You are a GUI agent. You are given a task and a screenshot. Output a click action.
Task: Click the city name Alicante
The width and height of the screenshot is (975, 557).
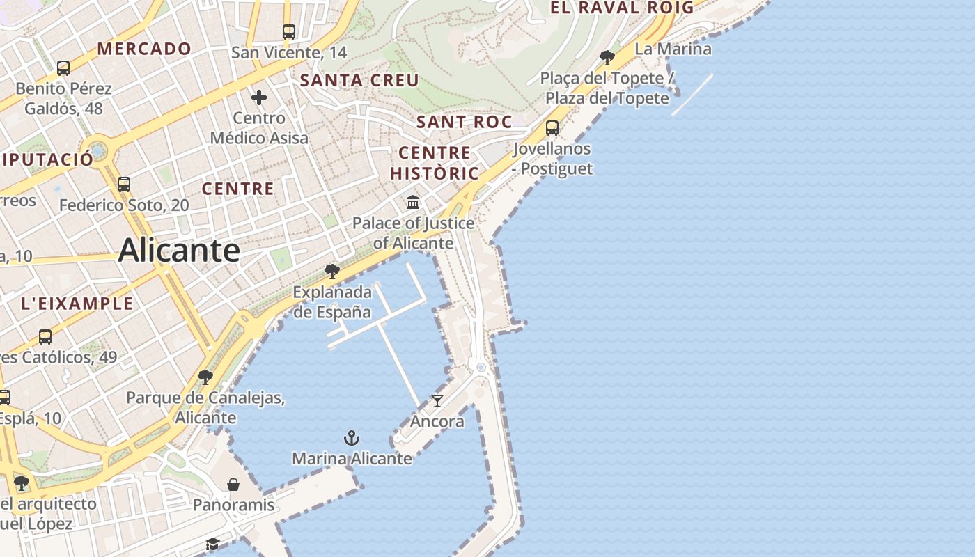tap(179, 250)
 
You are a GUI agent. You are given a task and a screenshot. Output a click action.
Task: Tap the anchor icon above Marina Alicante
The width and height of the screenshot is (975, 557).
tap(352, 438)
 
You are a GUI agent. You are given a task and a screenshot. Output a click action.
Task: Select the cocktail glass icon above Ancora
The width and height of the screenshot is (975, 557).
tap(437, 400)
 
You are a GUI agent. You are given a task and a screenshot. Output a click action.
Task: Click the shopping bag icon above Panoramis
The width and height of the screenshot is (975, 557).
tap(233, 484)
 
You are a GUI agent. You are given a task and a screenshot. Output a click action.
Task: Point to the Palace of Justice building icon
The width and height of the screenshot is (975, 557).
tap(413, 203)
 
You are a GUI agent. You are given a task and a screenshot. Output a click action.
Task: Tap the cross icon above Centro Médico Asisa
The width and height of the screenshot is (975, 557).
tap(259, 97)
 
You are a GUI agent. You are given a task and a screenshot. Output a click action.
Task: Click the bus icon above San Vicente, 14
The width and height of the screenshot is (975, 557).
tap(288, 31)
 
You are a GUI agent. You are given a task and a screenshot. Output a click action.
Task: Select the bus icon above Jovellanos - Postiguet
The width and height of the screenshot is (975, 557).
tap(552, 128)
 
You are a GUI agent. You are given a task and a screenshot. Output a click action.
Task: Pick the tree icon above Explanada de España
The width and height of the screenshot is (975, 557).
tap(332, 271)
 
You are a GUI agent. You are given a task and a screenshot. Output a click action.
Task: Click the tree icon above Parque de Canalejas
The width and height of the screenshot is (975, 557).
tap(205, 377)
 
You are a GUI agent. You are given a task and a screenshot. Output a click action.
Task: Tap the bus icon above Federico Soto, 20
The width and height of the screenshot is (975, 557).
tap(124, 185)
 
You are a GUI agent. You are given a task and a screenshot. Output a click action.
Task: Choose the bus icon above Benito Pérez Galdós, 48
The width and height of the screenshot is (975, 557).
tap(63, 68)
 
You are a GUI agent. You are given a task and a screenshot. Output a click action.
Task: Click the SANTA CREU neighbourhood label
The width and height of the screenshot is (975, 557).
tap(359, 81)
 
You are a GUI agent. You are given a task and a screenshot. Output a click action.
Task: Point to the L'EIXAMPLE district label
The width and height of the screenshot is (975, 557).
tap(77, 304)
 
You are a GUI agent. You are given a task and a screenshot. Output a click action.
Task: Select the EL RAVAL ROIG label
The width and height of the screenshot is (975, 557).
tap(622, 8)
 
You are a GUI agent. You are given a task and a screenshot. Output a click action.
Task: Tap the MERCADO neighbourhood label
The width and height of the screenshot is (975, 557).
tap(144, 49)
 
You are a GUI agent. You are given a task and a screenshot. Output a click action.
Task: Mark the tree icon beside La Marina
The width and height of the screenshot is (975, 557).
tap(607, 57)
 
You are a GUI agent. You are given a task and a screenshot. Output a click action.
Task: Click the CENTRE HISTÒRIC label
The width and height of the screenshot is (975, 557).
tap(435, 163)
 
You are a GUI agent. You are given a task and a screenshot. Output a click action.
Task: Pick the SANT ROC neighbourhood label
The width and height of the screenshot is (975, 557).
tap(464, 122)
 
